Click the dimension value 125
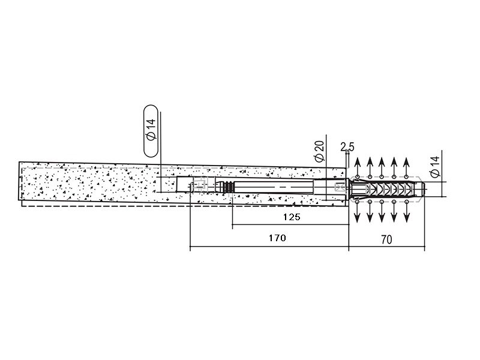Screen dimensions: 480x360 click(292, 217)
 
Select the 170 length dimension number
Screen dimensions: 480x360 click(277, 238)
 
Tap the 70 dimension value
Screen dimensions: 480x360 click(386, 239)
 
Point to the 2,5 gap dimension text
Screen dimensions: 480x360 click(347, 147)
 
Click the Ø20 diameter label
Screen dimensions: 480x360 click(319, 151)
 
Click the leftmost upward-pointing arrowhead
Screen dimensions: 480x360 click(357, 162)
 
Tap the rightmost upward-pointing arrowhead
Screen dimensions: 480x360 click(406, 162)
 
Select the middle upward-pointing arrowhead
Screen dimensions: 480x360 click(382, 162)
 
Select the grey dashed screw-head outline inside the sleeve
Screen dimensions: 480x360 click(200, 185)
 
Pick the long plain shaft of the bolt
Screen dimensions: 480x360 click(274, 187)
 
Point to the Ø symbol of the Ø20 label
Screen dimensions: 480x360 click(320, 158)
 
